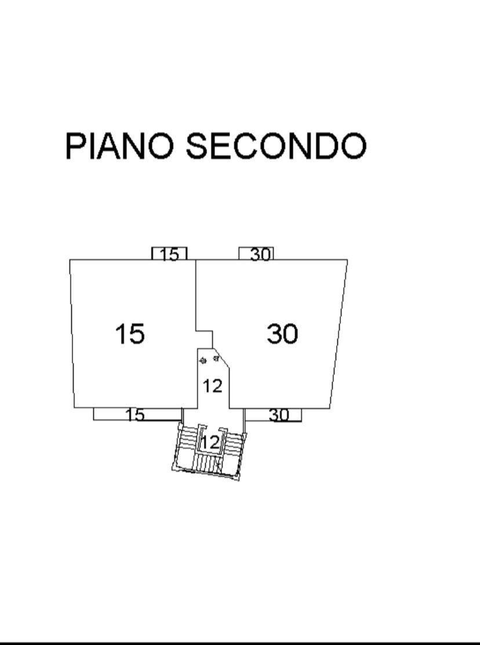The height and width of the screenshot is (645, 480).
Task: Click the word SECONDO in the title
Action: pyautogui.click(x=276, y=145)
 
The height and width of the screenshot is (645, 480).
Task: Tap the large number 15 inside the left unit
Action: pyautogui.click(x=130, y=334)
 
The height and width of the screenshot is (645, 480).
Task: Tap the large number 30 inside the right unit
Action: pyautogui.click(x=282, y=334)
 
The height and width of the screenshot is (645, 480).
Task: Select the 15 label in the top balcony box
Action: pyautogui.click(x=170, y=255)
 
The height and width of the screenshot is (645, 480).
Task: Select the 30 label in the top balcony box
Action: pyautogui.click(x=261, y=254)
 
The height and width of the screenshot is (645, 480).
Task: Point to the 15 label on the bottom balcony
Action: pyautogui.click(x=135, y=415)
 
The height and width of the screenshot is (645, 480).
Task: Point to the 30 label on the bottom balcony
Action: pyautogui.click(x=279, y=415)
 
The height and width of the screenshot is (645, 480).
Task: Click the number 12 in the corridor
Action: pyautogui.click(x=212, y=387)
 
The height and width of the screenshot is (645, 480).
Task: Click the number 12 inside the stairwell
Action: pyautogui.click(x=209, y=443)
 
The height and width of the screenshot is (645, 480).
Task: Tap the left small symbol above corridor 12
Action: pyautogui.click(x=203, y=361)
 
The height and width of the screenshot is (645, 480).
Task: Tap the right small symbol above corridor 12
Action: pyautogui.click(x=216, y=359)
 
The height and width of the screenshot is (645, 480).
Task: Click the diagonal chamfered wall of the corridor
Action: pyautogui.click(x=221, y=358)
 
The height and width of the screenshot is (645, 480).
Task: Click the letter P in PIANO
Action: pyautogui.click(x=75, y=146)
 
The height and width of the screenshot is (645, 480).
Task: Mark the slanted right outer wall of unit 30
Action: pyautogui.click(x=339, y=334)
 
